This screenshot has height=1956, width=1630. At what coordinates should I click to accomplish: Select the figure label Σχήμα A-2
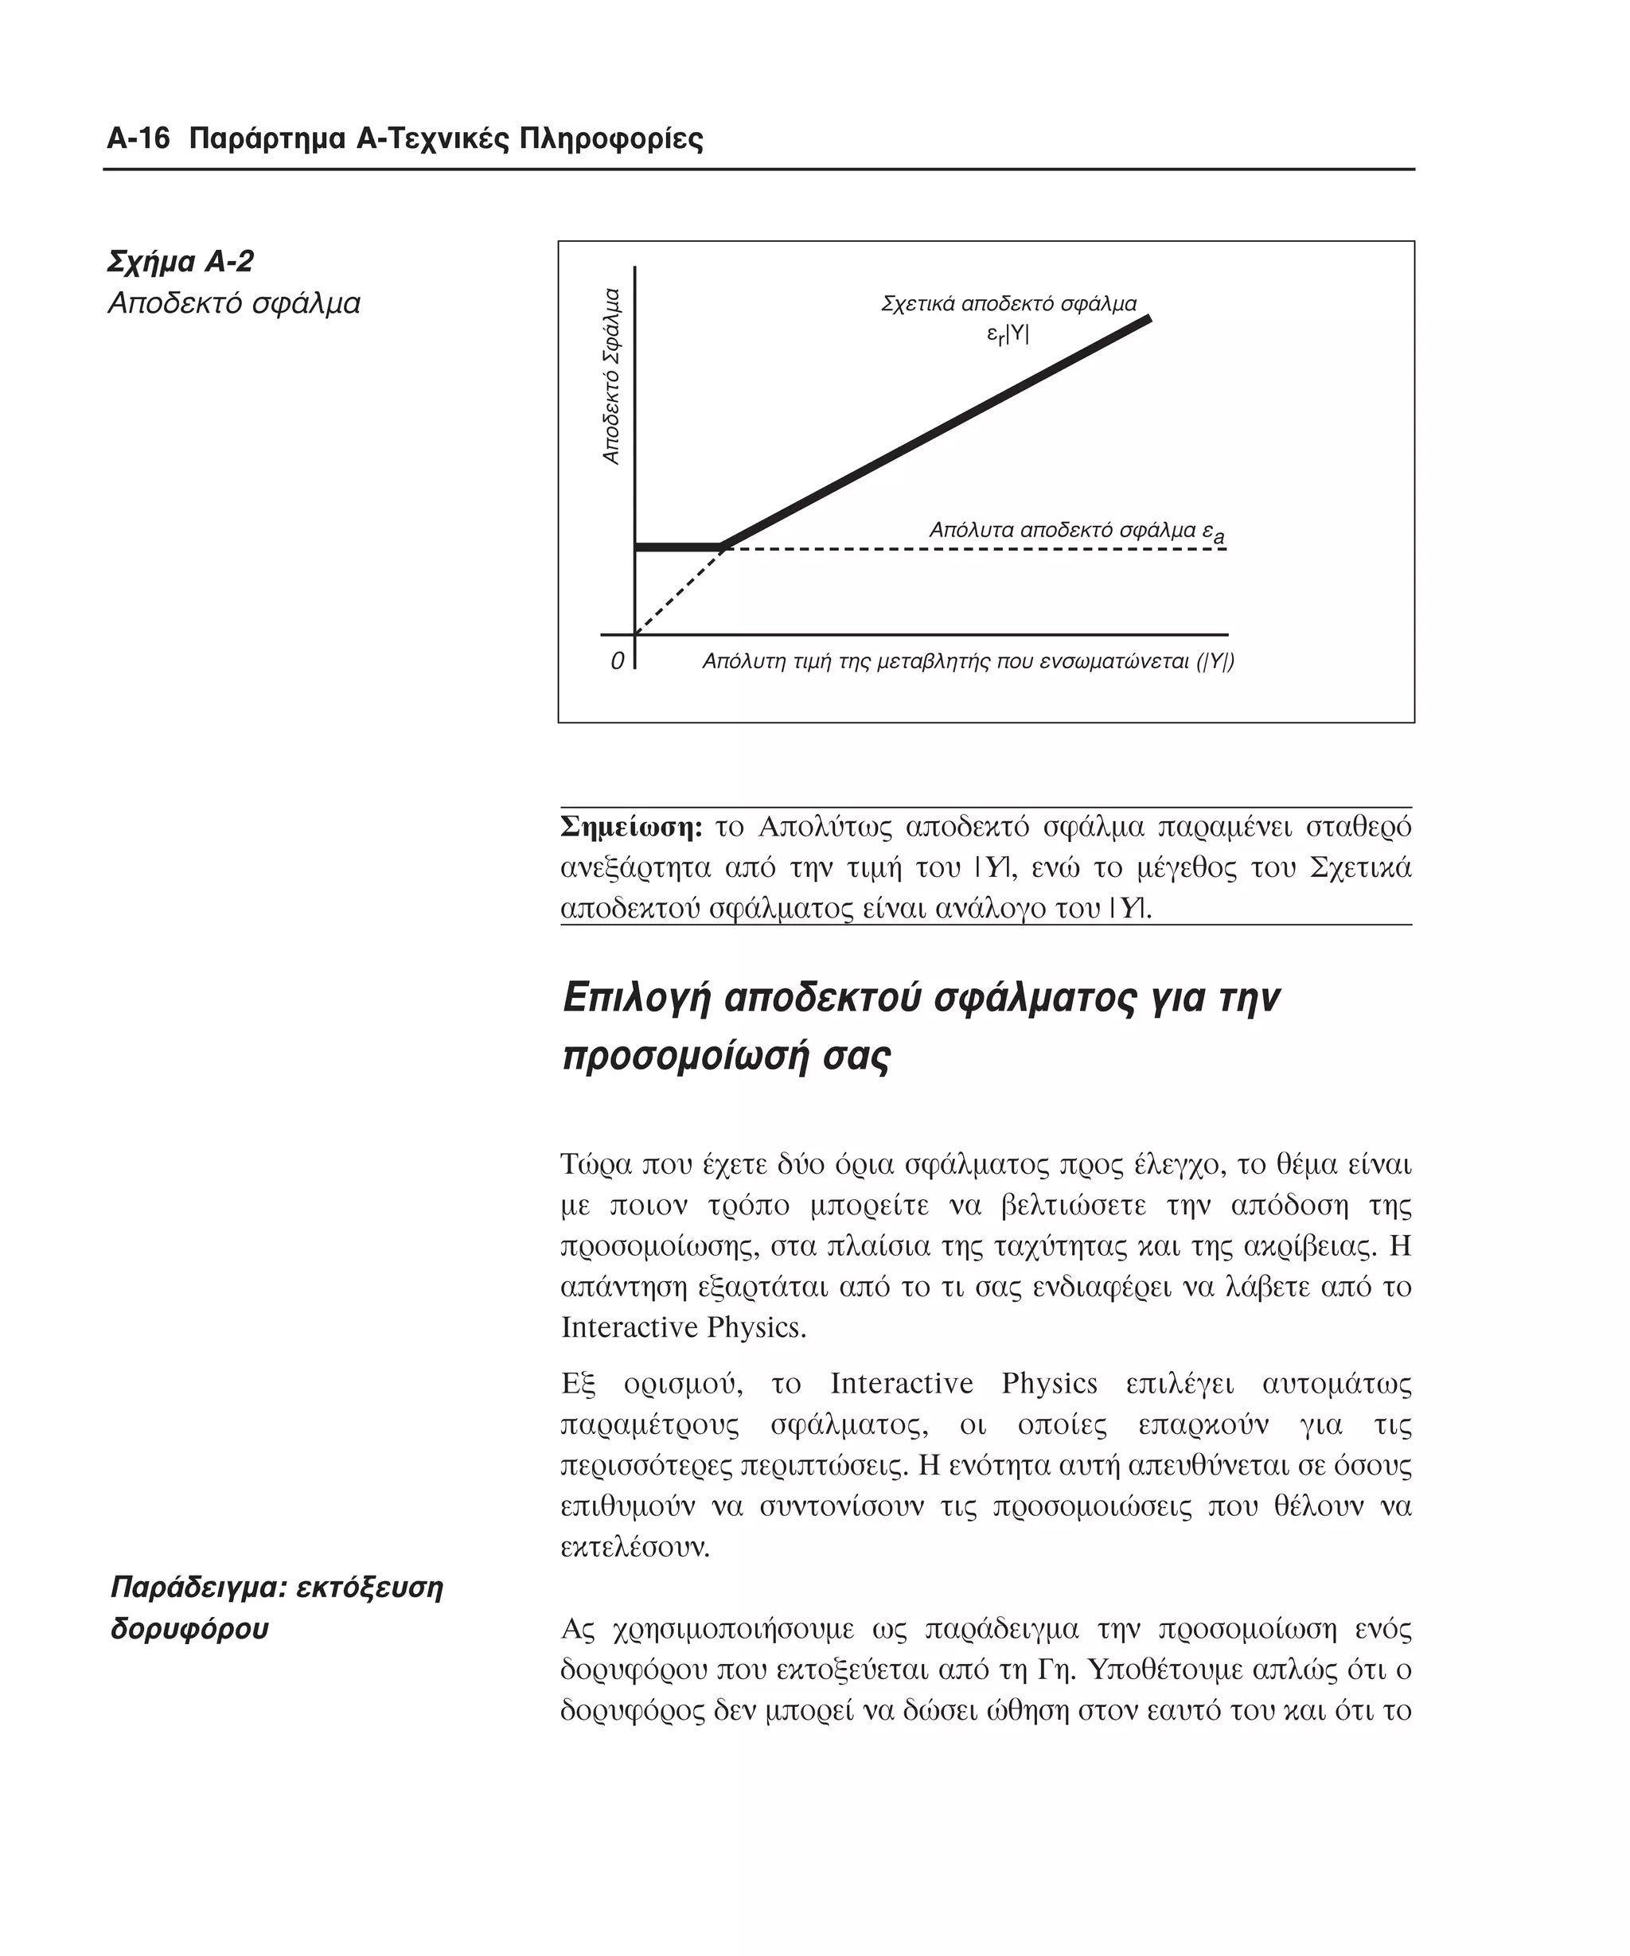[x=181, y=262]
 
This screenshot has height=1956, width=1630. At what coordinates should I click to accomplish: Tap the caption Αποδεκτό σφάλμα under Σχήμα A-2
[x=234, y=304]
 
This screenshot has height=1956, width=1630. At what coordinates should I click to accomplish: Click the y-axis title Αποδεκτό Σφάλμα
[x=611, y=376]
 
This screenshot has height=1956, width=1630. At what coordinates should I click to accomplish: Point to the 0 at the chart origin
[x=617, y=662]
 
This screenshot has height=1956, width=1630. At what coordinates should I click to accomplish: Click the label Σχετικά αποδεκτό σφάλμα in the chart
[x=1008, y=304]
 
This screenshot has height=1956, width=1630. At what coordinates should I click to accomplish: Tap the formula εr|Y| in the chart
[x=1008, y=334]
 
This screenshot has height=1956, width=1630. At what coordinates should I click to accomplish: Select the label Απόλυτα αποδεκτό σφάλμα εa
[x=1077, y=531]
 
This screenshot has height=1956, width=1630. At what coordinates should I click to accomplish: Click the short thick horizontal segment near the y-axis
[x=678, y=547]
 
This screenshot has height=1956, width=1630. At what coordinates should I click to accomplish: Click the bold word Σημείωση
[x=630, y=826]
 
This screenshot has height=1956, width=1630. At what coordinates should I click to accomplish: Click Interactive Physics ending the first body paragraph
[x=683, y=1327]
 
